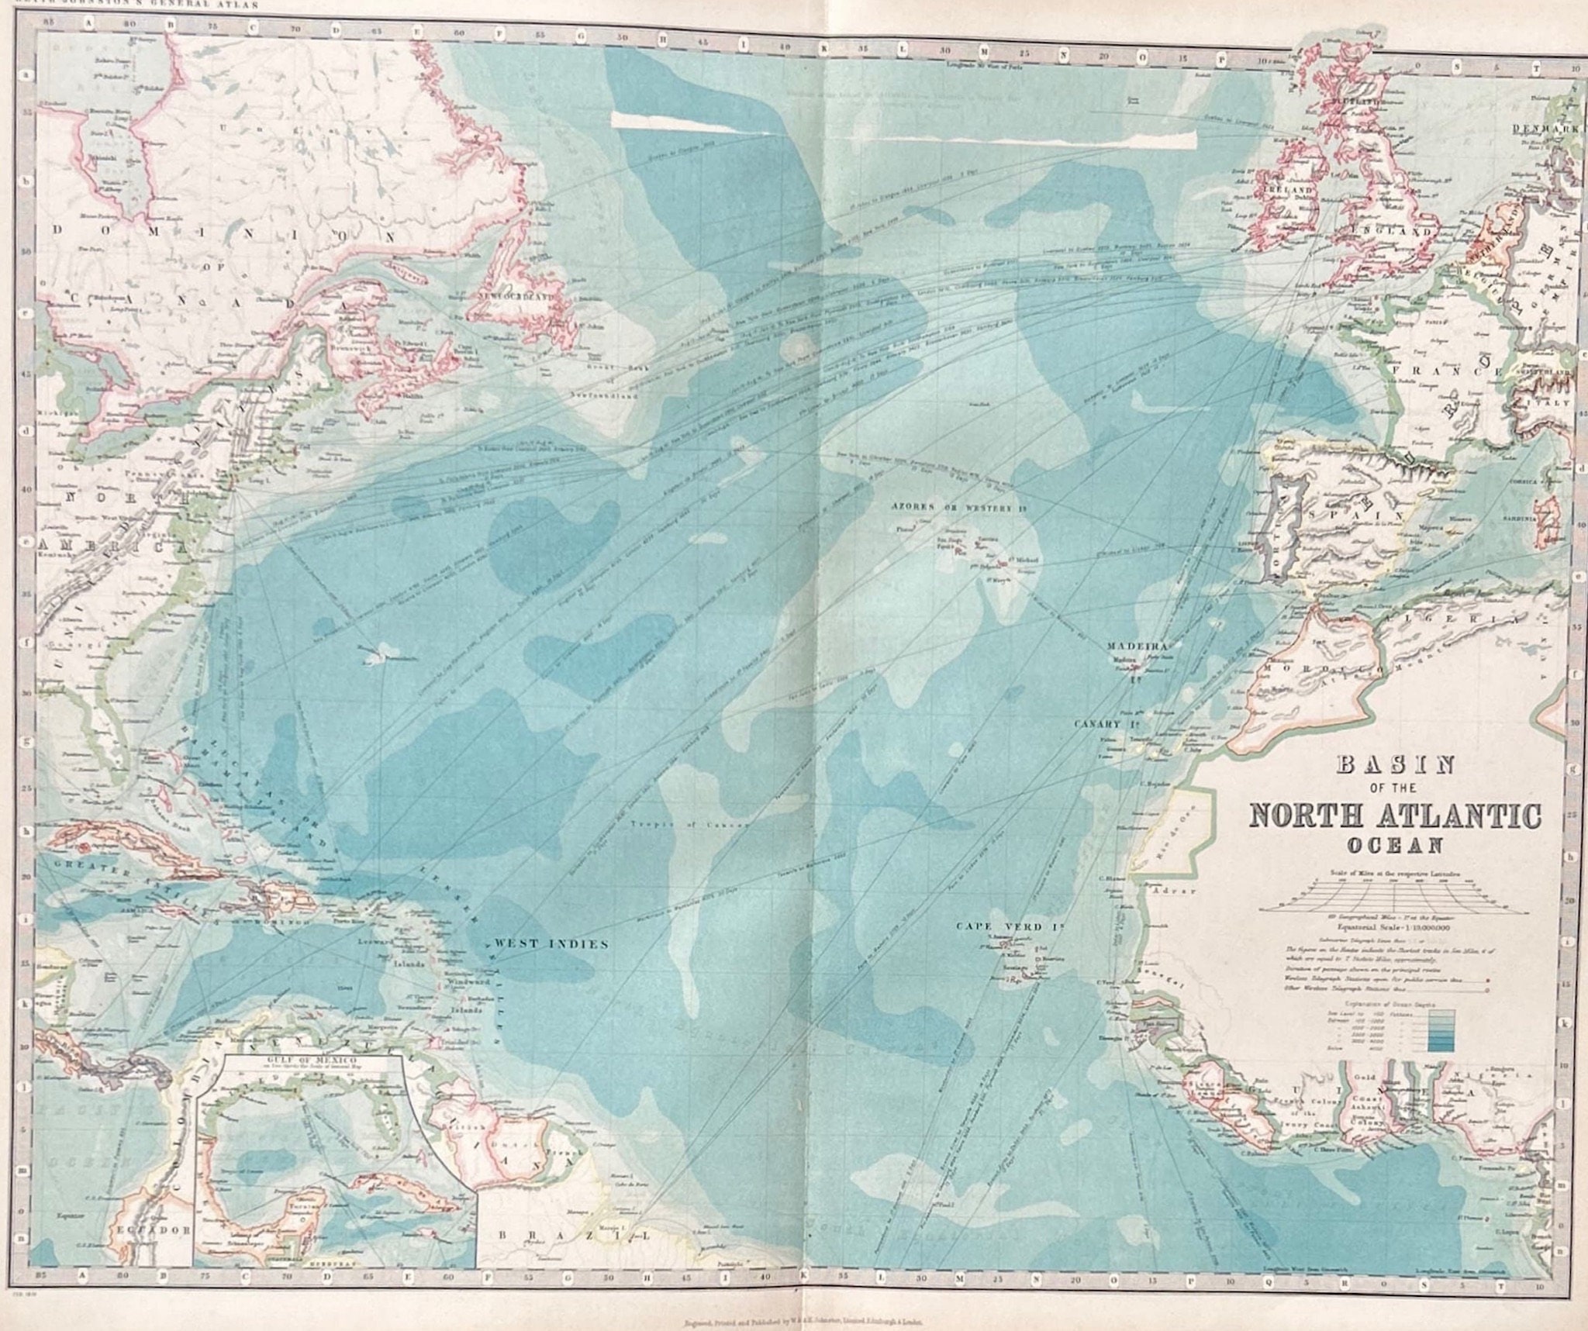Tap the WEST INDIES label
(551, 943)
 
